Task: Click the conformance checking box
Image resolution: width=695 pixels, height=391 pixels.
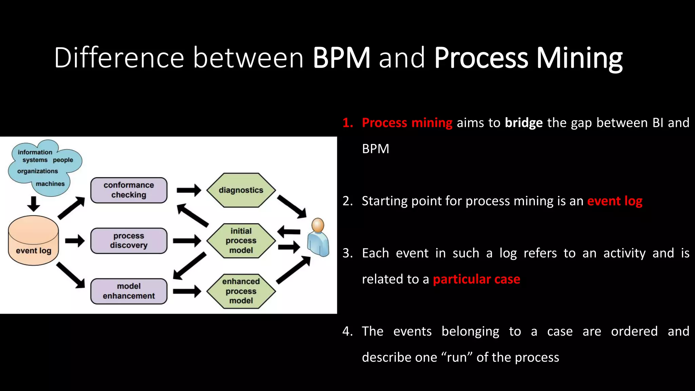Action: pyautogui.click(x=129, y=190)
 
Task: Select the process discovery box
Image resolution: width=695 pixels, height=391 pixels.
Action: pyautogui.click(x=129, y=241)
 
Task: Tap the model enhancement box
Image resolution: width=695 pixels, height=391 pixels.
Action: pyautogui.click(x=129, y=291)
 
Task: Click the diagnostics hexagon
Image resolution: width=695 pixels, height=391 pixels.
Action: pyautogui.click(x=241, y=190)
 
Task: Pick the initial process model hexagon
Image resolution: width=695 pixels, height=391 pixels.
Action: pyautogui.click(x=241, y=241)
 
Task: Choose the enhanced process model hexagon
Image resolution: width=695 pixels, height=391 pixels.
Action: pyautogui.click(x=241, y=291)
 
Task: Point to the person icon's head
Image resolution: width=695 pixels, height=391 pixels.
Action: pyautogui.click(x=318, y=225)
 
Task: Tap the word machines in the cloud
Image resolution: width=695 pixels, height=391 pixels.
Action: pyautogui.click(x=50, y=184)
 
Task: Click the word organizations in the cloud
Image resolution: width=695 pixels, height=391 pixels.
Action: pyautogui.click(x=37, y=171)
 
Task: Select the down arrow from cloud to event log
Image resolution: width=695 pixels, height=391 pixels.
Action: pyautogui.click(x=33, y=204)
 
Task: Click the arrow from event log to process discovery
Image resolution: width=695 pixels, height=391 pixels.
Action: pyautogui.click(x=75, y=241)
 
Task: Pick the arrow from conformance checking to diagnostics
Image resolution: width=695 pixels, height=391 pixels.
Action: pyautogui.click(x=189, y=190)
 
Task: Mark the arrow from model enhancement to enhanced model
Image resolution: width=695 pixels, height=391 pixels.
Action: pyautogui.click(x=187, y=291)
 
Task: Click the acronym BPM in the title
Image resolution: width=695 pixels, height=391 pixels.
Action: pyautogui.click(x=341, y=58)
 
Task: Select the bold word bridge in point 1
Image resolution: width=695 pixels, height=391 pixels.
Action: pyautogui.click(x=524, y=123)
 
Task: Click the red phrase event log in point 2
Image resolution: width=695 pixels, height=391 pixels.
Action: pyautogui.click(x=615, y=201)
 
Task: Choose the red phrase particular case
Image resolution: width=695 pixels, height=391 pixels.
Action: pyautogui.click(x=476, y=279)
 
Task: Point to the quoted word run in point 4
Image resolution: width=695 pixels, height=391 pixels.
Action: pyautogui.click(x=457, y=357)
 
